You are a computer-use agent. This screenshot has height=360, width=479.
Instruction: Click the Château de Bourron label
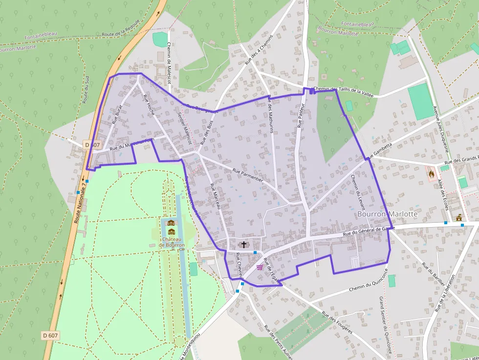[172, 242]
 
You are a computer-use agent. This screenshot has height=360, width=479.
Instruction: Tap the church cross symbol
[244, 244]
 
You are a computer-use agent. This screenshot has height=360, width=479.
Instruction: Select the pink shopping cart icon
[260, 267]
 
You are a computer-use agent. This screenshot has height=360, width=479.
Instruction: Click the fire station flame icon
[431, 173]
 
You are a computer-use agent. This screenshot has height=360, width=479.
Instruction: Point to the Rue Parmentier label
[248, 175]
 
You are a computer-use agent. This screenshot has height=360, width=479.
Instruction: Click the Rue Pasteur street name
[301, 115]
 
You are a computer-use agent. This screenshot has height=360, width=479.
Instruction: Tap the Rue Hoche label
[149, 105]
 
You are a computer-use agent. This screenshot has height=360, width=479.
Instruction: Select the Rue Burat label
[116, 114]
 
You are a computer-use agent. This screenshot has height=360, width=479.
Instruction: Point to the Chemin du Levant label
[358, 192]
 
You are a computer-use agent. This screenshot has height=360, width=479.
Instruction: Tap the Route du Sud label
[86, 89]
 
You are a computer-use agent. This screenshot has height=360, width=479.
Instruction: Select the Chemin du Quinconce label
[368, 283]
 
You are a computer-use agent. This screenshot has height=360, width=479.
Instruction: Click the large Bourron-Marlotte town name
[388, 214]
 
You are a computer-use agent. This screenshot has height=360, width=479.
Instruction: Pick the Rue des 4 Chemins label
[257, 51]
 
